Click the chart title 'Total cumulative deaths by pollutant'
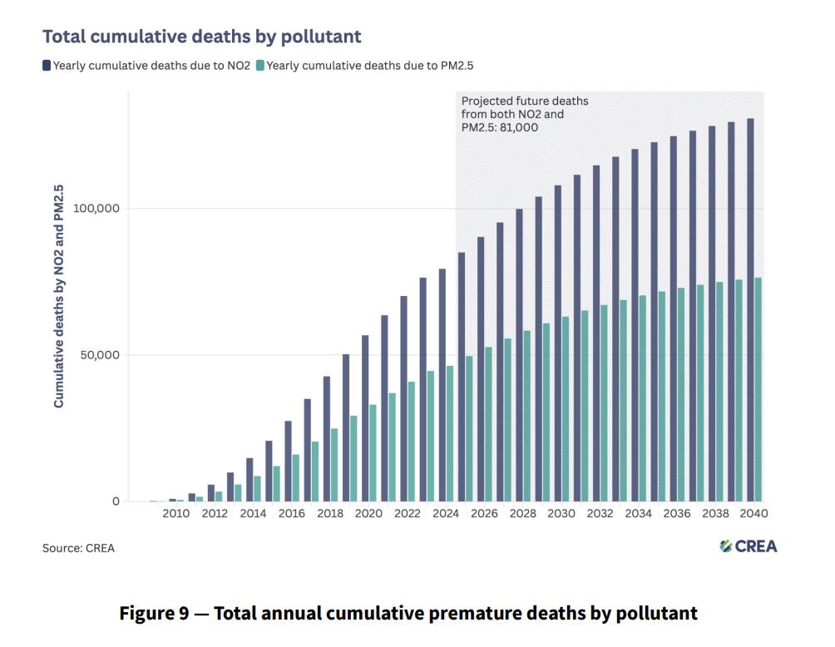click(202, 37)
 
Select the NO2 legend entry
click(146, 66)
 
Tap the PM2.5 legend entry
click(365, 66)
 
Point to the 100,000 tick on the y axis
click(96, 208)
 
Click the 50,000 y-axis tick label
click(100, 354)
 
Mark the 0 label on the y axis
click(116, 501)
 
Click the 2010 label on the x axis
click(175, 513)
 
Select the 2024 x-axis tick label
click(446, 513)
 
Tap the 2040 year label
click(754, 513)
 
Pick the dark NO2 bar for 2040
click(750, 310)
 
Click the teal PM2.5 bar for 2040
click(758, 389)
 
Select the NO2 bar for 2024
click(442, 385)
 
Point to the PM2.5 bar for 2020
click(373, 453)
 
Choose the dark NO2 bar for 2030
click(558, 343)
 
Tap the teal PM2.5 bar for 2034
click(643, 398)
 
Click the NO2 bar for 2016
click(288, 462)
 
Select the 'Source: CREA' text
click(78, 548)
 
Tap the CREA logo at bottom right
click(749, 546)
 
